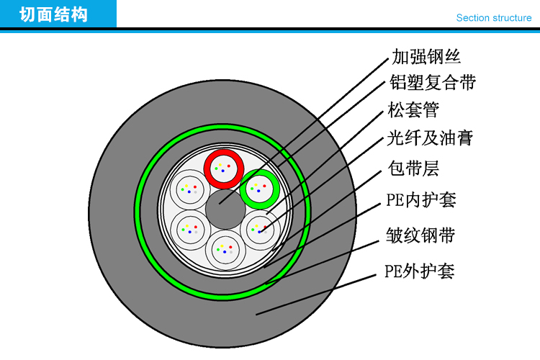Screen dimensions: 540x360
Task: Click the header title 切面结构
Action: pyautogui.click(x=54, y=15)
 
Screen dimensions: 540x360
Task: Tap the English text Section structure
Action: pyautogui.click(x=494, y=18)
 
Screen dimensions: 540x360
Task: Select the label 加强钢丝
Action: pyautogui.click(x=426, y=57)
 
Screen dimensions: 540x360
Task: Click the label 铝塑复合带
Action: pyautogui.click(x=433, y=82)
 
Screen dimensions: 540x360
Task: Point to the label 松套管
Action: pyautogui.click(x=413, y=110)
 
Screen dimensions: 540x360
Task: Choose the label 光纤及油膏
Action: pyautogui.click(x=430, y=138)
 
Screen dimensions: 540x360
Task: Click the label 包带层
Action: pyautogui.click(x=413, y=168)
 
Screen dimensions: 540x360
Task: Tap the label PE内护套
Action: pyautogui.click(x=421, y=200)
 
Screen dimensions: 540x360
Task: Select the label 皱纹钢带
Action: pyautogui.click(x=420, y=235)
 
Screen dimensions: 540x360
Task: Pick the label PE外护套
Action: pyautogui.click(x=420, y=271)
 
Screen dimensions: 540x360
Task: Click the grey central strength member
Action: pyautogui.click(x=225, y=210)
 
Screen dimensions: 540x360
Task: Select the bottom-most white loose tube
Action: pyautogui.click(x=225, y=250)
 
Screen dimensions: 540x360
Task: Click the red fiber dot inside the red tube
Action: pyautogui.click(x=229, y=166)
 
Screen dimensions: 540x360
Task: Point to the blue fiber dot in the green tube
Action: pyautogui.click(x=258, y=191)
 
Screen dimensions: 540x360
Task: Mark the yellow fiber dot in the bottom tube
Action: pyautogui.click(x=222, y=246)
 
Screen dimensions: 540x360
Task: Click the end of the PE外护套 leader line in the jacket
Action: pyautogui.click(x=256, y=315)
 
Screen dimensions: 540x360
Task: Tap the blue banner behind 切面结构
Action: pyautogui.click(x=58, y=14)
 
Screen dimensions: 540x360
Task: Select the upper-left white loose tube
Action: pyautogui.click(x=190, y=189)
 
